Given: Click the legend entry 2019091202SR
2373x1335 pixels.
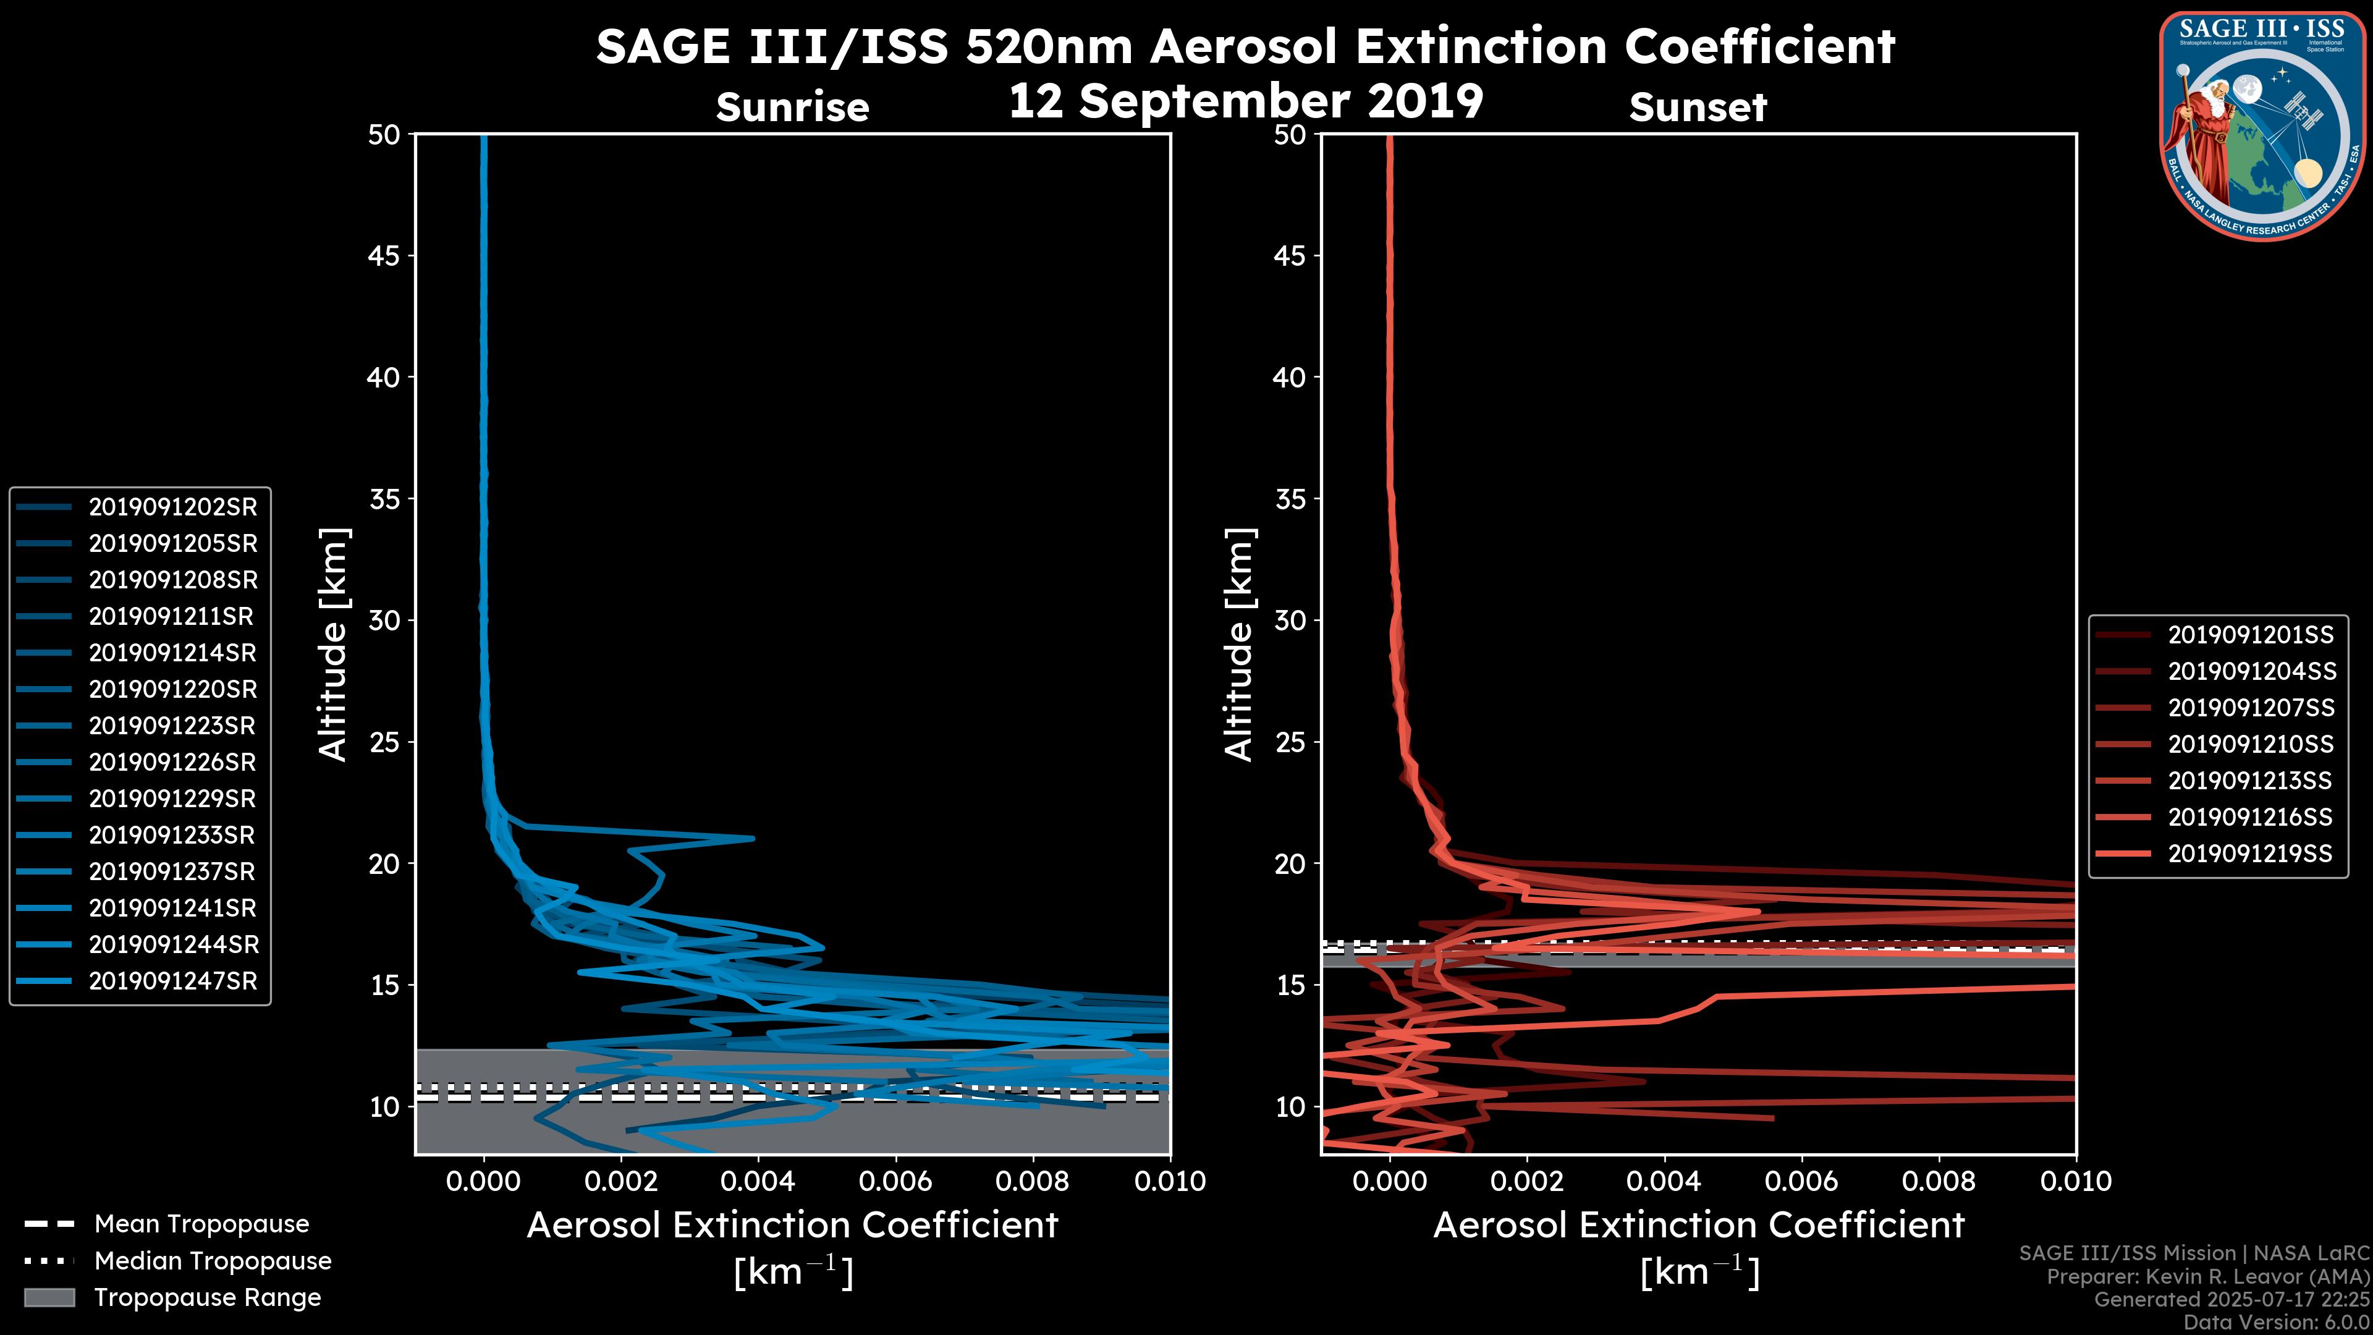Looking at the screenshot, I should (172, 507).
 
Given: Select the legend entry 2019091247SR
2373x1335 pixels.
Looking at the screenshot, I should (172, 981).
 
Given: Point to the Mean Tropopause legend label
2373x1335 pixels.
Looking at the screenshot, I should (201, 1224).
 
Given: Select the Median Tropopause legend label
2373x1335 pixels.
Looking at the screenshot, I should (213, 1261).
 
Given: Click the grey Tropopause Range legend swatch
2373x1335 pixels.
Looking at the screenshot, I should (49, 1298).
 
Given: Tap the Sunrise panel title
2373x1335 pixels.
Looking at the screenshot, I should (792, 108).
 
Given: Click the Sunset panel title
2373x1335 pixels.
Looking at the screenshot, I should (1698, 108).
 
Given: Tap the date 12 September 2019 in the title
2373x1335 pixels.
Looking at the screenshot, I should (1245, 101).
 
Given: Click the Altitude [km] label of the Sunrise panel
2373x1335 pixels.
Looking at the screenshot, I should (334, 645).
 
